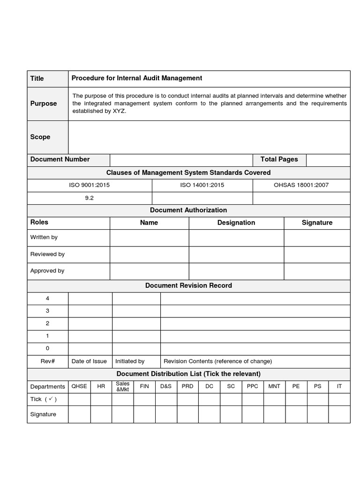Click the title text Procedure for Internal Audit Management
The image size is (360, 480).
pyautogui.click(x=136, y=78)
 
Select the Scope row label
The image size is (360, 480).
pyautogui.click(x=40, y=137)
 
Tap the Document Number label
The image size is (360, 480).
pyautogui.click(x=60, y=159)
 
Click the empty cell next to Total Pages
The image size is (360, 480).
pyautogui.click(x=328, y=160)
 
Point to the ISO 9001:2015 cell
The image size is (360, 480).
pyautogui.click(x=89, y=185)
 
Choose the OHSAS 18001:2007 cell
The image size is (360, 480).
pyautogui.click(x=301, y=185)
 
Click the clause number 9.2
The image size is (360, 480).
pyautogui.click(x=89, y=198)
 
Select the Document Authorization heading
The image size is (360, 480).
pyautogui.click(x=188, y=210)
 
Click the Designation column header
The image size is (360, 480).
pyautogui.click(x=236, y=223)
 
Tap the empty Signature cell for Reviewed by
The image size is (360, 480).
pyautogui.click(x=317, y=254)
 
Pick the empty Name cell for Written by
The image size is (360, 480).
pyautogui.click(x=149, y=238)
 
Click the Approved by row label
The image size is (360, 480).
pyautogui.click(x=47, y=271)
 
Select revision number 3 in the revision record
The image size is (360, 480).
pyautogui.click(x=47, y=311)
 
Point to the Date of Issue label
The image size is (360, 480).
pyautogui.click(x=89, y=361)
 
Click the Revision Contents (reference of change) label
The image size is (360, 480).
pyautogui.click(x=217, y=361)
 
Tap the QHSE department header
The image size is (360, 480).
pyautogui.click(x=79, y=386)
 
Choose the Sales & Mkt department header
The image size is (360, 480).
pyautogui.click(x=122, y=387)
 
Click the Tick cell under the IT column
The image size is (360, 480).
pyautogui.click(x=339, y=399)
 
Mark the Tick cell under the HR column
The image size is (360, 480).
pyautogui.click(x=101, y=399)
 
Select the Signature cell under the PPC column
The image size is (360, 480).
pyautogui.click(x=253, y=414)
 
